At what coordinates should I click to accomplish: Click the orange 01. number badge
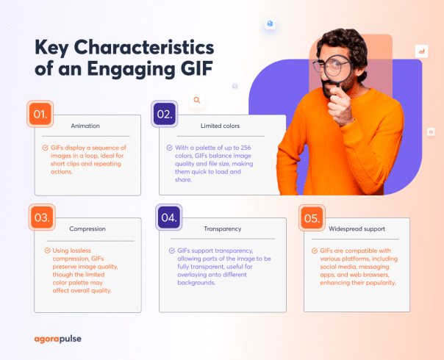[x=40, y=114]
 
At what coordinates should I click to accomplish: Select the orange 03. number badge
[x=40, y=217]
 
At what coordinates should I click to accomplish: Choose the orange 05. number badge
[x=311, y=217]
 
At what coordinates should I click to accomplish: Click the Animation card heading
[x=85, y=126]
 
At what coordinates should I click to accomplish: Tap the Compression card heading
[x=87, y=229]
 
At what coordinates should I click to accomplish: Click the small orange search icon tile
[x=196, y=100]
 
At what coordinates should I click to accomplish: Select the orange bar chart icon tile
[x=421, y=51]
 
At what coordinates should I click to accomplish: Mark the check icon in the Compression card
[x=47, y=251]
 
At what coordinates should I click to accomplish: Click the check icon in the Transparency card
[x=171, y=251]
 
